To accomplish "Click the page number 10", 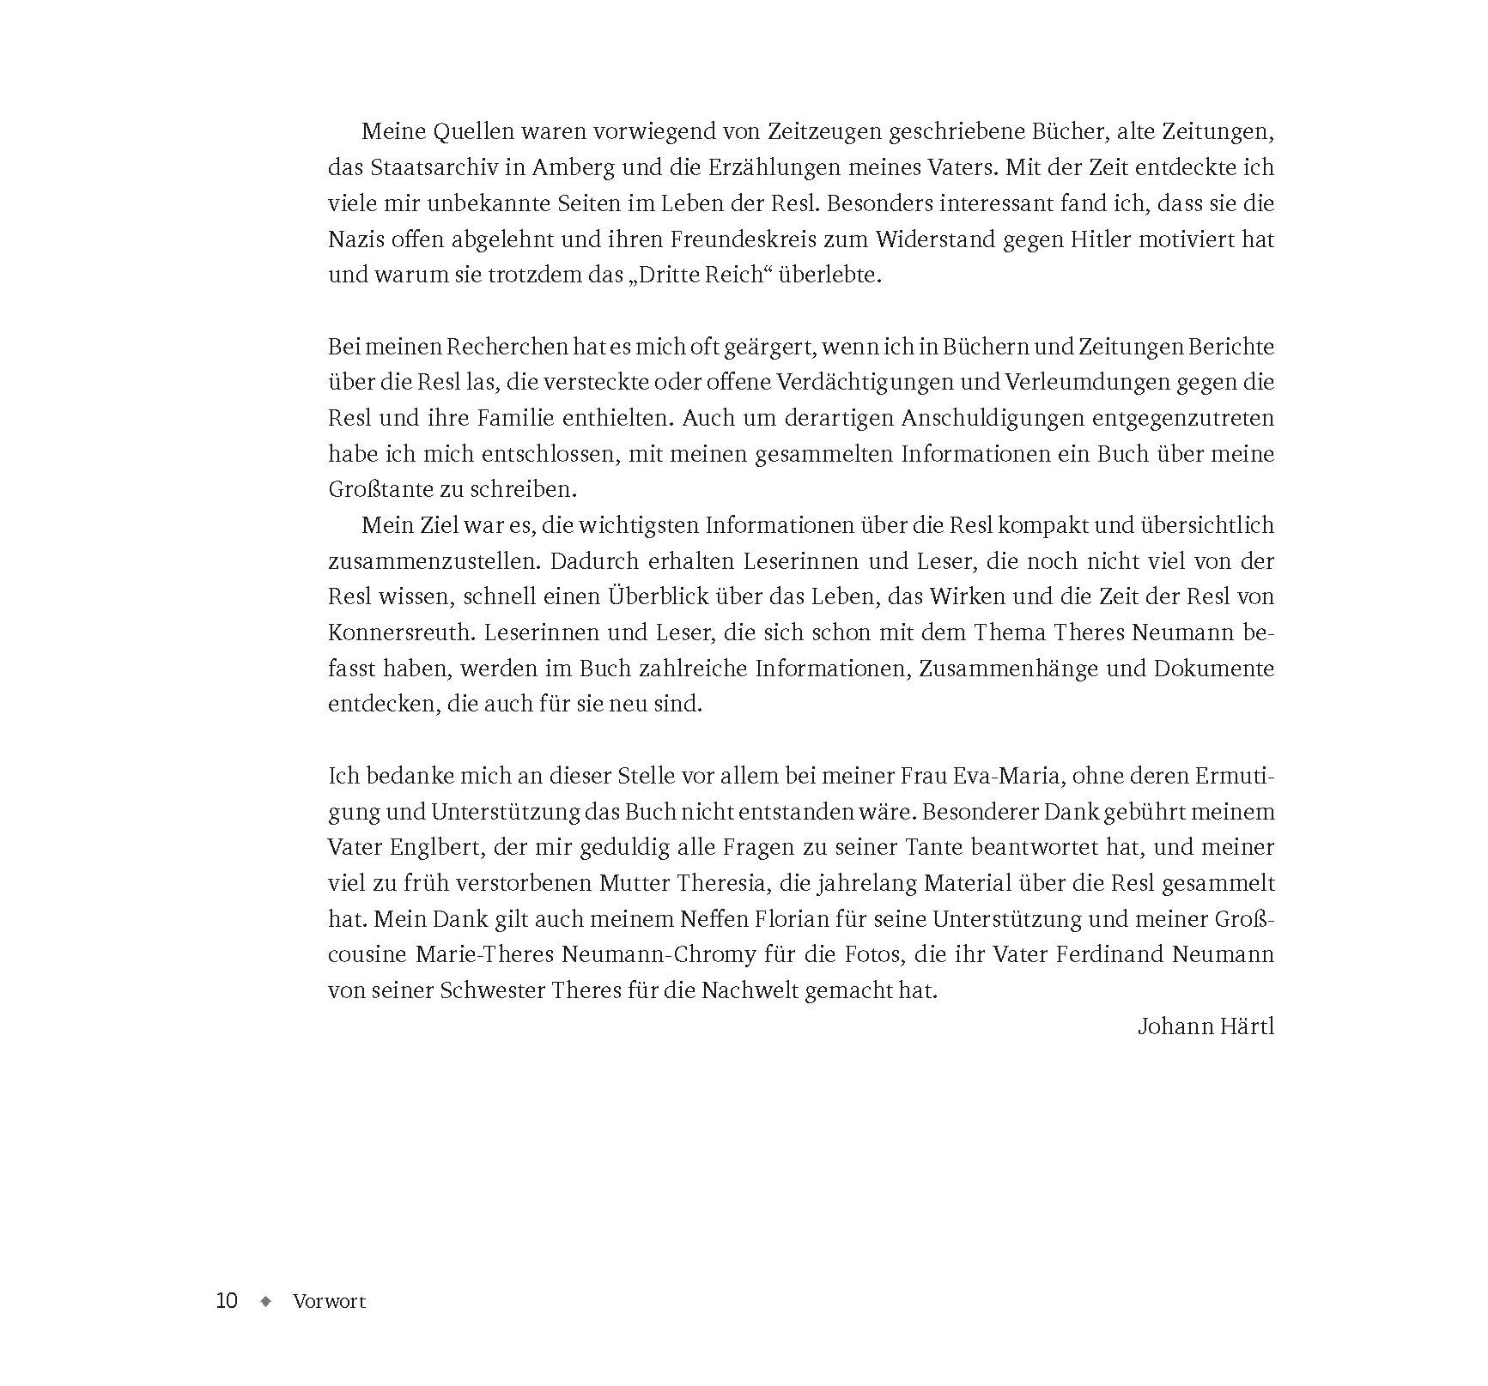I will coord(226,1300).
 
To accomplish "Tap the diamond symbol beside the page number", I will coord(265,1301).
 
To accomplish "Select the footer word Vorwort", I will coord(329,1301).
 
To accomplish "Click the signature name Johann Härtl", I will coord(1206,1026).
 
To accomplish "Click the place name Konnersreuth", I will coord(399,632).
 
